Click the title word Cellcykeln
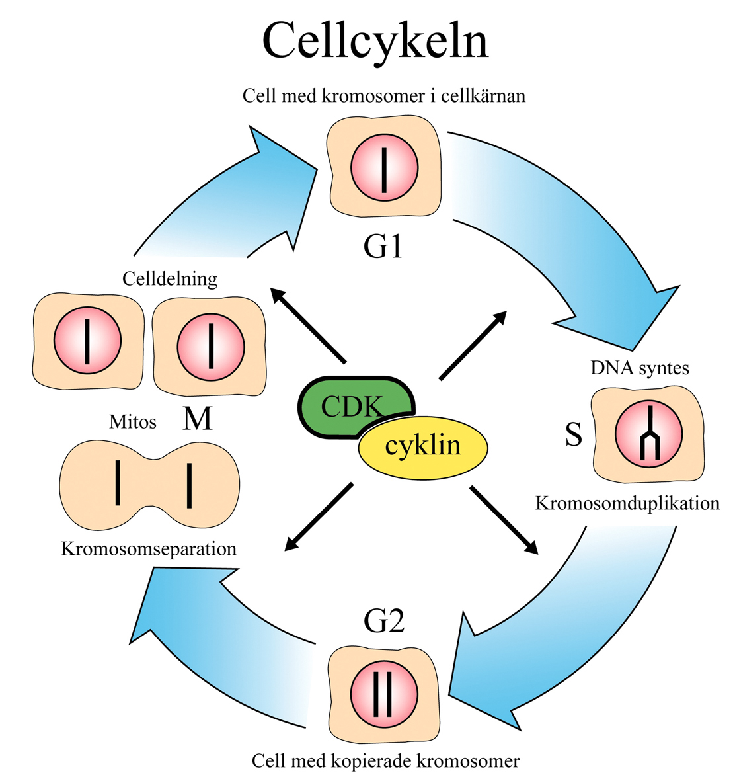tap(375, 41)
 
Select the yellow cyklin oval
tap(423, 446)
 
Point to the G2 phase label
tap(384, 621)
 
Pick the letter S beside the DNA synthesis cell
tap(574, 434)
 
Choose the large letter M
tap(197, 419)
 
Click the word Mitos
tap(133, 422)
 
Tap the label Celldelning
tap(170, 279)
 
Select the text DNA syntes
tap(640, 368)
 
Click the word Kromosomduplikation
tap(627, 503)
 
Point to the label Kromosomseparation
tap(149, 549)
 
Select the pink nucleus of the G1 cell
tap(384, 165)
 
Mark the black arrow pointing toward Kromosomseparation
tap(319, 517)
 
